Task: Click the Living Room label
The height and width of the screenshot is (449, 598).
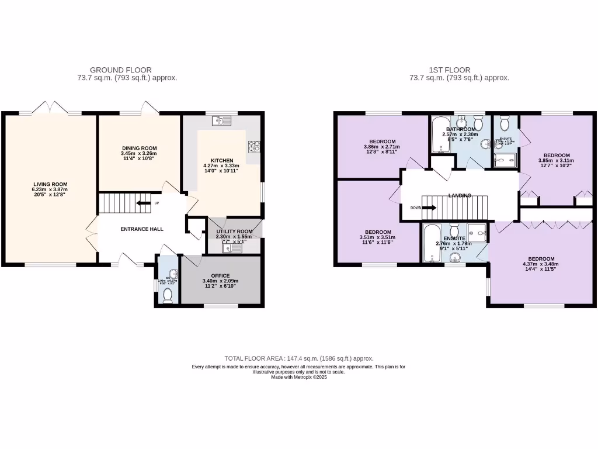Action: [x=51, y=184]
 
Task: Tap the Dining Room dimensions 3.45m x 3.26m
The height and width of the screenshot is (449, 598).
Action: [x=138, y=154]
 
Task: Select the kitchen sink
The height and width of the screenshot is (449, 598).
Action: [x=222, y=120]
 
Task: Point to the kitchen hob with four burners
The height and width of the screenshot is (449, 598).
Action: [x=253, y=146]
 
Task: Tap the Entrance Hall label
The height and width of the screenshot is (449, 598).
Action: [x=142, y=229]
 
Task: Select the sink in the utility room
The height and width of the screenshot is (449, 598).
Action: [x=232, y=247]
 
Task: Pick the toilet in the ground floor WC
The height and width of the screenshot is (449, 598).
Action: [x=168, y=296]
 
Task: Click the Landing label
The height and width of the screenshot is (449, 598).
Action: [x=460, y=195]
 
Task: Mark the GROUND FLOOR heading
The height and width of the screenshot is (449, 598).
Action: [x=127, y=70]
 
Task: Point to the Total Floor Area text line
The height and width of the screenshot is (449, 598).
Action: [x=299, y=358]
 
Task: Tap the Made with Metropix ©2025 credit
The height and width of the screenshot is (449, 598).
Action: [x=299, y=377]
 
